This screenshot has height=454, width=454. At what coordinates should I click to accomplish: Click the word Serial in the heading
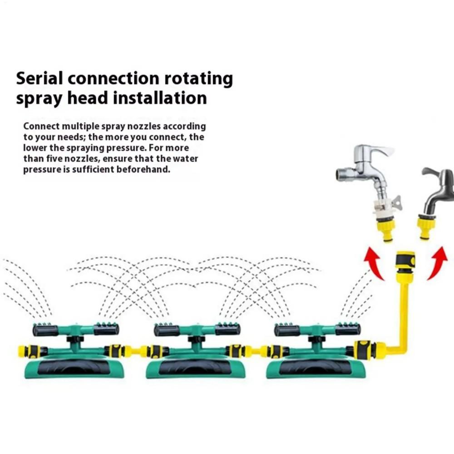pos(39,79)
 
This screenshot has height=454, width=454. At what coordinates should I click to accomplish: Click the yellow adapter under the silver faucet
pos(387,230)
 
